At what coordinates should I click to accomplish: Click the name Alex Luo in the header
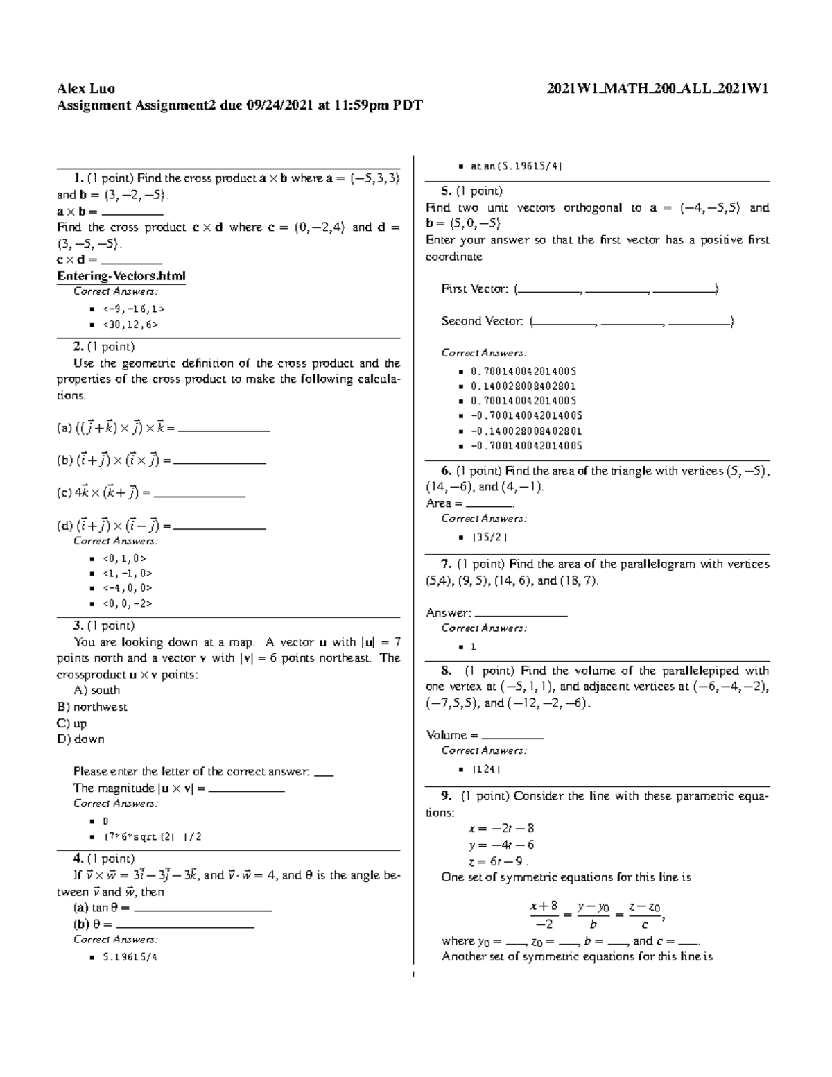(86, 89)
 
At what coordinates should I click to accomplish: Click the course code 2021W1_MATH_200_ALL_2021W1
(657, 89)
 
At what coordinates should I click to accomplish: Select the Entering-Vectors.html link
(121, 276)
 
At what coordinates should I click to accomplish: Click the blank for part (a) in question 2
(224, 429)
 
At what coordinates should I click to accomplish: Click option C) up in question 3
(71, 723)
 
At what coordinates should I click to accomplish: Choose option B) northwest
(92, 707)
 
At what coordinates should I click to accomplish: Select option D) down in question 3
(80, 739)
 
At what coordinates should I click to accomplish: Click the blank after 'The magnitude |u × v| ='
(246, 789)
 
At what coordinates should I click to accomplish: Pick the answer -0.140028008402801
(526, 431)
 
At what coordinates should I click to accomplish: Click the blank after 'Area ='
(489, 504)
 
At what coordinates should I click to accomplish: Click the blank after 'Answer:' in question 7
(521, 614)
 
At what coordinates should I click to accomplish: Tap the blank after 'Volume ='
(512, 736)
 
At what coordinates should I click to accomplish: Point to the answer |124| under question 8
(486, 769)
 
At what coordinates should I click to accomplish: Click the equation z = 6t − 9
(498, 861)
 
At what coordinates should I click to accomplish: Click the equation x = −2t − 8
(501, 828)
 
